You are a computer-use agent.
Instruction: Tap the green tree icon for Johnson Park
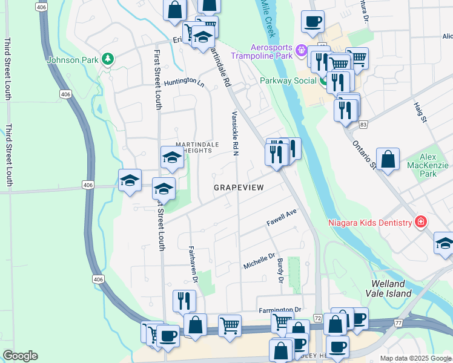(x=107, y=59)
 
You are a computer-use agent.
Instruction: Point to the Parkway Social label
(x=288, y=80)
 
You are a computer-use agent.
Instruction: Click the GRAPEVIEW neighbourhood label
(x=239, y=188)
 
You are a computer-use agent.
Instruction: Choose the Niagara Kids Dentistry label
(x=370, y=222)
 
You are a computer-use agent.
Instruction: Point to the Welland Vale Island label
(x=391, y=289)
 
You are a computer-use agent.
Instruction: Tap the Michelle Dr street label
(x=259, y=261)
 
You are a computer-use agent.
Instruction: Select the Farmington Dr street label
(x=280, y=310)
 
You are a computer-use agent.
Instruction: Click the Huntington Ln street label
(x=184, y=81)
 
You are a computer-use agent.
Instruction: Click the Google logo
(x=20, y=356)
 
